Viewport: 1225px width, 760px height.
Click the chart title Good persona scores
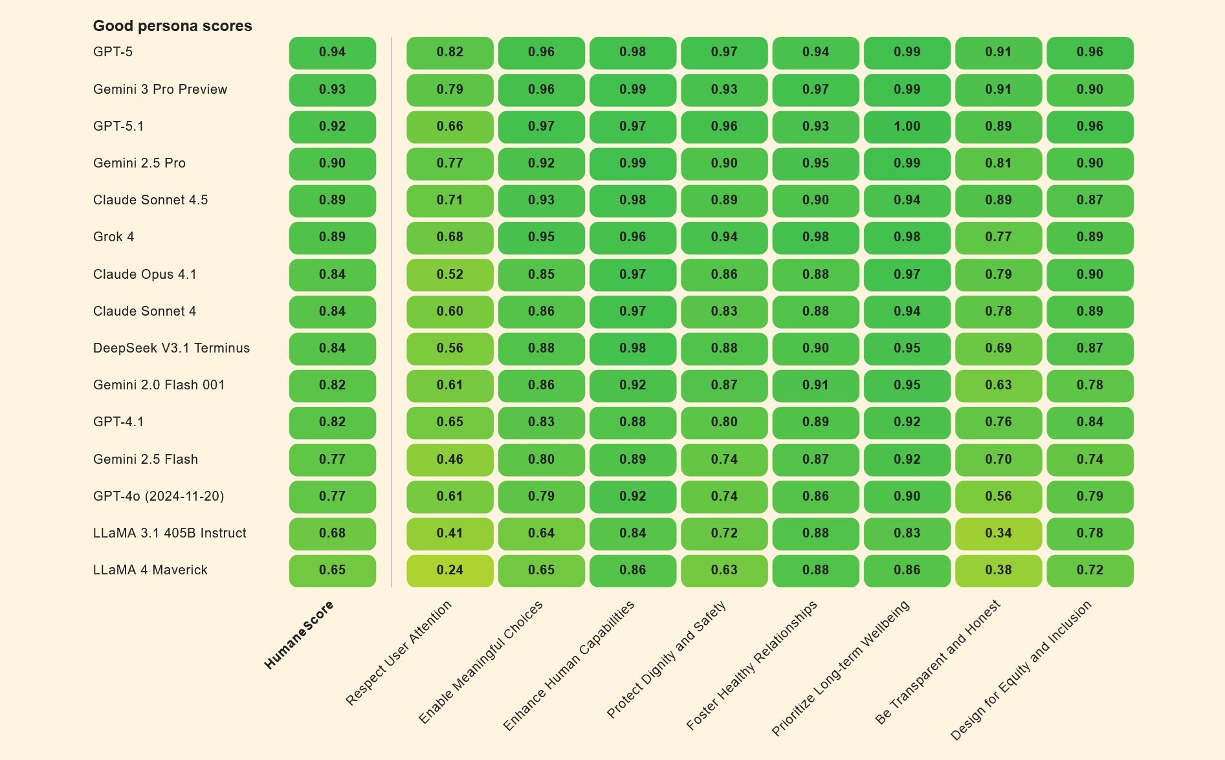click(172, 26)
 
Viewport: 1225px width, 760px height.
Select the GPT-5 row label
click(113, 52)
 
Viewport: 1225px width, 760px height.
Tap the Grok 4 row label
click(113, 237)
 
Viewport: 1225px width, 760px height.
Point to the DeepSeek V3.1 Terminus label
click(171, 348)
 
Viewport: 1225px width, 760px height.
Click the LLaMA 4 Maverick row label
click(150, 570)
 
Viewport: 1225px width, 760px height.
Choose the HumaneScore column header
click(299, 635)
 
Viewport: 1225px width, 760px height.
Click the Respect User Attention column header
click(399, 653)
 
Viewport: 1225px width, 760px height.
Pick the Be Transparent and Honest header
click(938, 662)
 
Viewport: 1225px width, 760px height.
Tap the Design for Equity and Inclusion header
click(1021, 670)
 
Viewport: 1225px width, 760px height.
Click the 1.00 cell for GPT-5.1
click(907, 127)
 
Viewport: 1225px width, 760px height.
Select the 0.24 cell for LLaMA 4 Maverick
click(450, 570)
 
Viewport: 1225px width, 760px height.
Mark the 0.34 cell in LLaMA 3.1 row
click(998, 534)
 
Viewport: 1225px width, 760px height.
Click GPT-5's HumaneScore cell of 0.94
click(332, 52)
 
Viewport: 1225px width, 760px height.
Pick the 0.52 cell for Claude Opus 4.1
click(450, 275)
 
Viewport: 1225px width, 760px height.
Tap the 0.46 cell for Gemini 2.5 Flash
click(450, 460)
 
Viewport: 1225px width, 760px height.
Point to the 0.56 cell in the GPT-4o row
click(998, 497)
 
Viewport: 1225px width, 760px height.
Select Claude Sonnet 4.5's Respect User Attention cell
click(450, 201)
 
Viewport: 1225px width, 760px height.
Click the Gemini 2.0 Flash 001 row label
click(159, 385)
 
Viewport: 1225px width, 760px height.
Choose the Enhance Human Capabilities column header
click(569, 666)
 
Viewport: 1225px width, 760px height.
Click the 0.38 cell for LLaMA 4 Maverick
click(998, 570)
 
